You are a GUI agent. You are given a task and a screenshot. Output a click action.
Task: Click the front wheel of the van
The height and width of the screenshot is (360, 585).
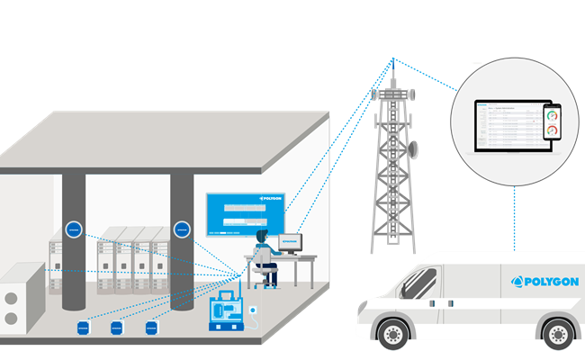393,334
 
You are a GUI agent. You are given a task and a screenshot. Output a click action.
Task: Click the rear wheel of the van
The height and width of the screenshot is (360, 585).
559,335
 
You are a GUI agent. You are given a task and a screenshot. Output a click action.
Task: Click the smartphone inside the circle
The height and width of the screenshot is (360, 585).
552,123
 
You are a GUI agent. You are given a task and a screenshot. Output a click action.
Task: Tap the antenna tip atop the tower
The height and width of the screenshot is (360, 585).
392,61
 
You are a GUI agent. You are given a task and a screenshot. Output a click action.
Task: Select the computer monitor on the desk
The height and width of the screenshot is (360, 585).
290,242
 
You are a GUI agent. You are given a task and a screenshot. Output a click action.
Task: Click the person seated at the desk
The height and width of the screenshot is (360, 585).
262,251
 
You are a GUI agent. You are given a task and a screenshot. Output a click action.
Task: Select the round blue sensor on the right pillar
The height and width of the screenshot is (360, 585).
182,229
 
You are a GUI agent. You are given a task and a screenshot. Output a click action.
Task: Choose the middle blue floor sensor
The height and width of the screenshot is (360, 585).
116,328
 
